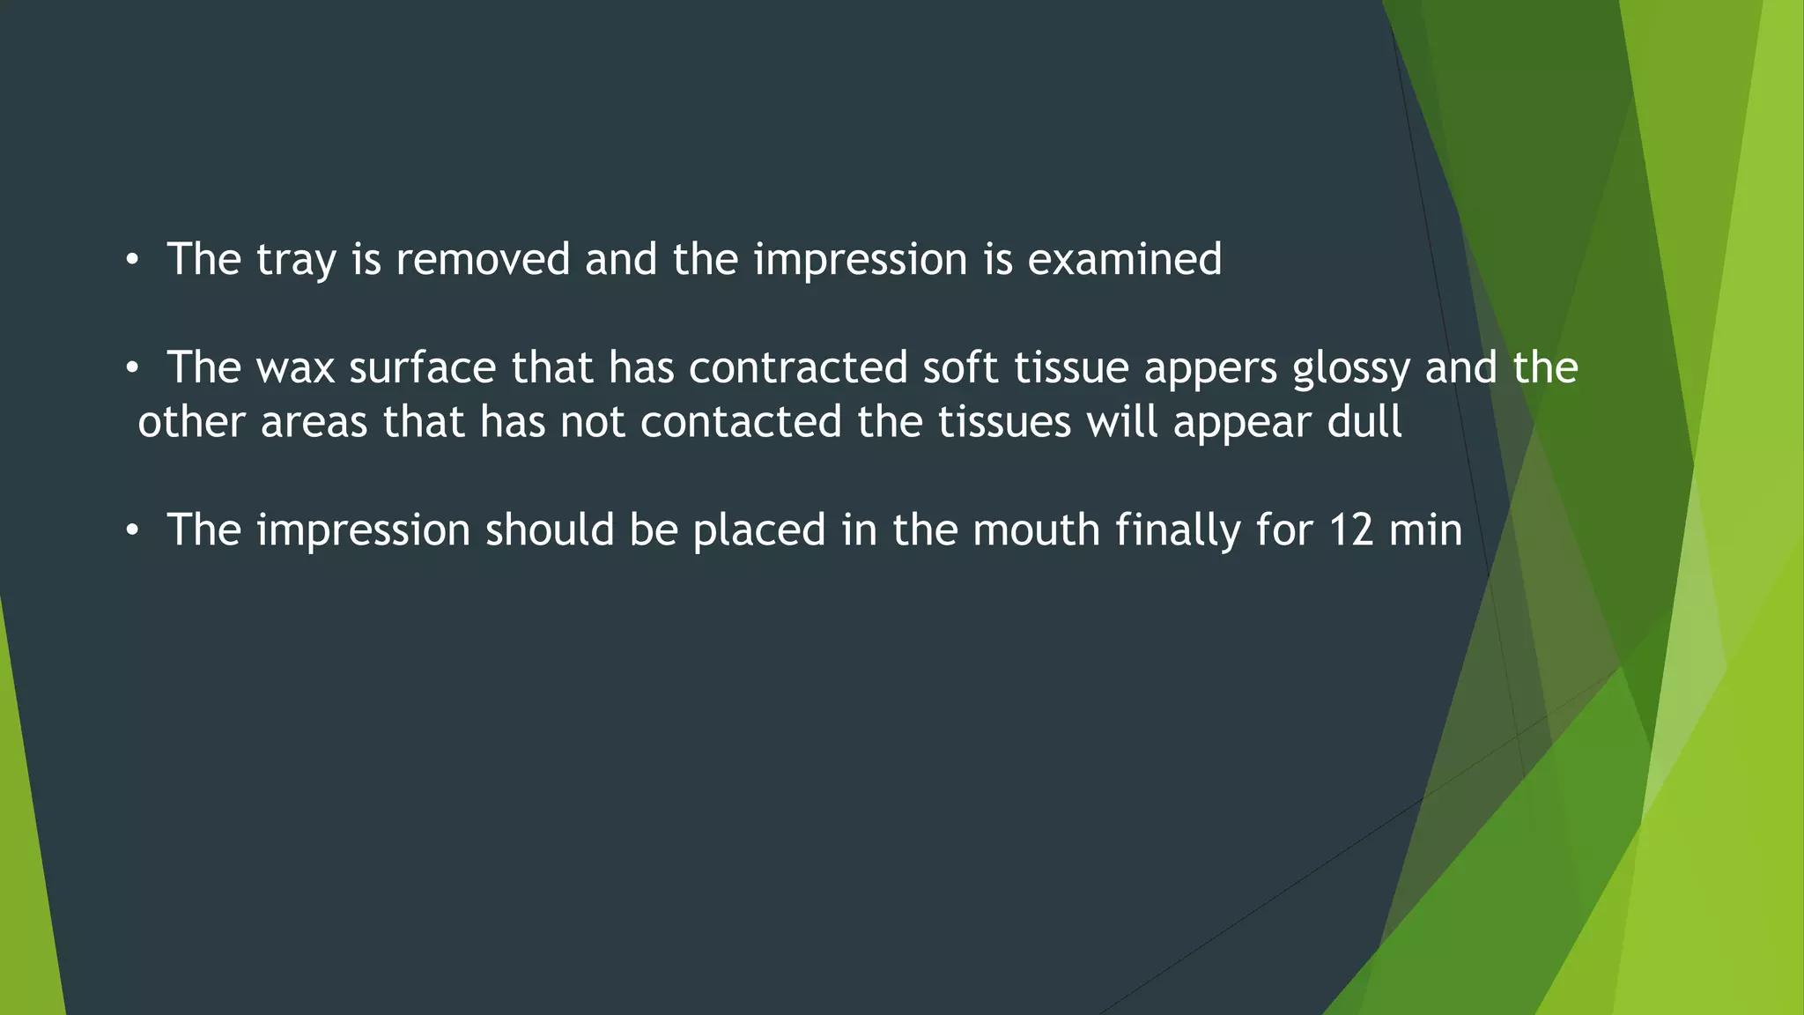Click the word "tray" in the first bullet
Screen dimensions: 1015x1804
(x=296, y=261)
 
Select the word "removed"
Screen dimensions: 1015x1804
(x=483, y=259)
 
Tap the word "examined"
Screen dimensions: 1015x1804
(x=1125, y=259)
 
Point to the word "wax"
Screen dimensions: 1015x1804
(x=295, y=368)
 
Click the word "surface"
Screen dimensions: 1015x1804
(x=423, y=367)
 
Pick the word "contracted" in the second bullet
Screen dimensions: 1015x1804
(x=798, y=367)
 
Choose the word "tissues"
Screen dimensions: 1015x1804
(x=1004, y=421)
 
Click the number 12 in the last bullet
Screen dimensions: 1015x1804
(x=1351, y=530)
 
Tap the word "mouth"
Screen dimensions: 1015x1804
(x=1036, y=530)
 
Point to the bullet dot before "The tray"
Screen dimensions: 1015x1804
(x=132, y=261)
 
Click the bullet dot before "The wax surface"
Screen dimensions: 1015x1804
(x=132, y=369)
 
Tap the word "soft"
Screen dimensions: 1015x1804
(x=960, y=367)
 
